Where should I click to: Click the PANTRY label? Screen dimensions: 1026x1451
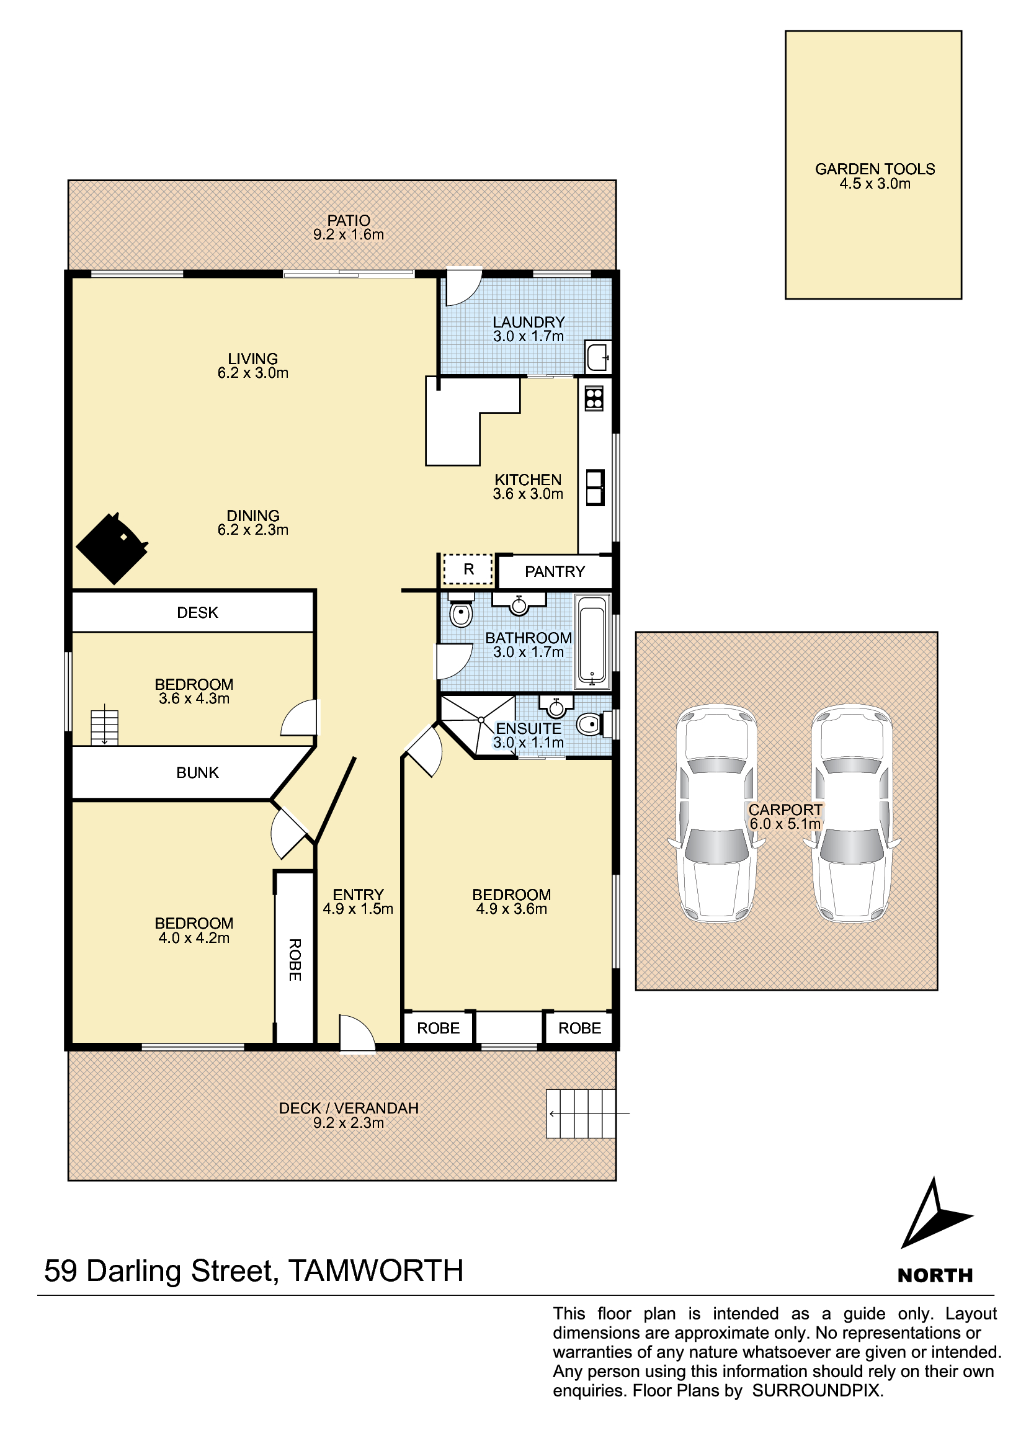coord(555,571)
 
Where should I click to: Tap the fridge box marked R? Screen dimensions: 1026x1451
coord(468,569)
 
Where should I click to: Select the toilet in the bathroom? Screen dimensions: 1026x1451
coord(461,610)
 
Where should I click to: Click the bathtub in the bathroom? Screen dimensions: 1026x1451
coord(592,641)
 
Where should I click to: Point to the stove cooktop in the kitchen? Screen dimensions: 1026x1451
coord(594,398)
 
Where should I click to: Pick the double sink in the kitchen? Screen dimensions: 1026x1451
coord(594,487)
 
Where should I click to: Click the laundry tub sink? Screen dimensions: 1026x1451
coord(597,357)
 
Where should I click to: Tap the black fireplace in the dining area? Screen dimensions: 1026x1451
coord(112,548)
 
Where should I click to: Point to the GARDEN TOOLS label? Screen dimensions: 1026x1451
coord(875,169)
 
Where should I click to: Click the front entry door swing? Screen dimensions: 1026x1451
coord(357,1035)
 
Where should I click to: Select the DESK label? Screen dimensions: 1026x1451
coord(197,612)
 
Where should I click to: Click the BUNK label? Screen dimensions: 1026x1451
coord(197,772)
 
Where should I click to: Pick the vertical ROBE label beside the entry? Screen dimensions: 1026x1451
coord(295,959)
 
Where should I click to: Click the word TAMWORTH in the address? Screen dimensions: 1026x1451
coord(376,1271)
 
